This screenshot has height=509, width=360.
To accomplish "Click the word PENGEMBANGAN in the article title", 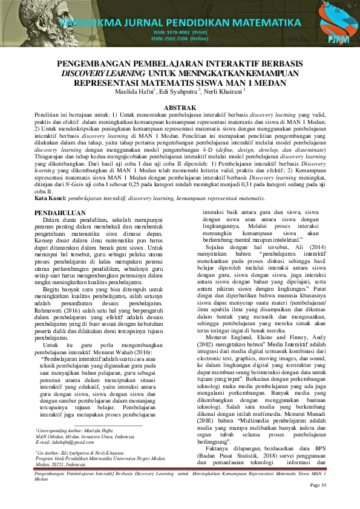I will (x=96, y=63).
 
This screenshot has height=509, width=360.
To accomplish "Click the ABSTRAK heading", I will (x=180, y=107).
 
